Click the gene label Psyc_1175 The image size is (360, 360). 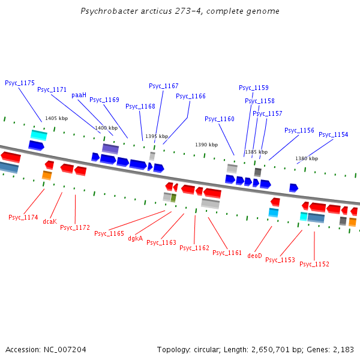(20, 83)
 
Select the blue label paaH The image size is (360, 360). (79, 95)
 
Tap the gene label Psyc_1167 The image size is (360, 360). (164, 86)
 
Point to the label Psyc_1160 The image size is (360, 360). (220, 119)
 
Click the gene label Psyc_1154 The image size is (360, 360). (333, 134)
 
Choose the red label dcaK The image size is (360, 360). (50, 221)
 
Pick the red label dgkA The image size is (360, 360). (136, 238)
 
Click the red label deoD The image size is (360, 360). (255, 256)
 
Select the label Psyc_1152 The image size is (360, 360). (314, 264)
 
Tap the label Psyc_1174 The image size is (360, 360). (23, 217)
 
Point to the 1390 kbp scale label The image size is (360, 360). (206, 145)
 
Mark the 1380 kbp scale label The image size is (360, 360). (307, 158)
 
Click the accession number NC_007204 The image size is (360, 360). (65, 349)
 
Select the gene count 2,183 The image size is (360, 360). (342, 349)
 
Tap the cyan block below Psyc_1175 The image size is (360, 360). (39, 134)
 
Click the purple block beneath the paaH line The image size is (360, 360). (110, 148)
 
